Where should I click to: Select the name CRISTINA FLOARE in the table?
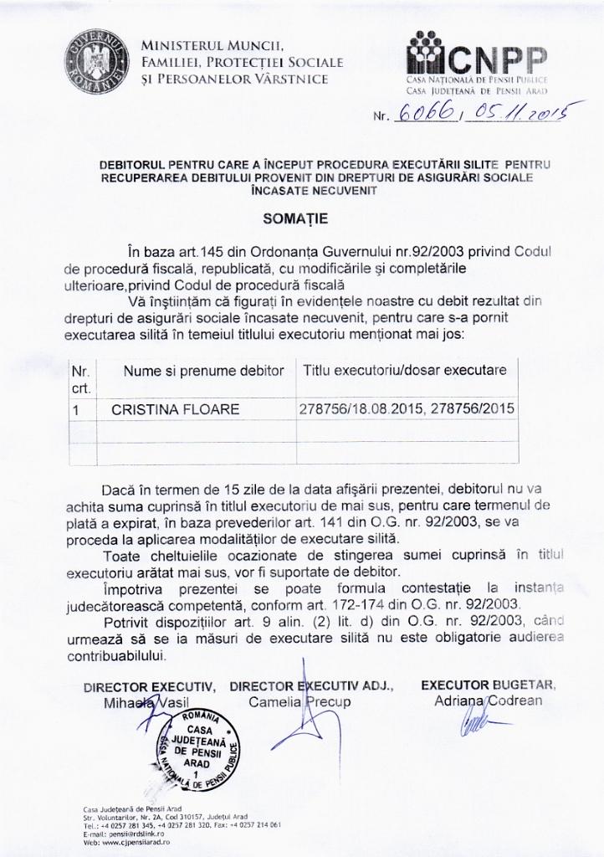click(x=175, y=409)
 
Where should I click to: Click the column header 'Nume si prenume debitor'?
click(x=203, y=370)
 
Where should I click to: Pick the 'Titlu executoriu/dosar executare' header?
click(x=404, y=370)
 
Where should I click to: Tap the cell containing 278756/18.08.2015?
click(x=407, y=409)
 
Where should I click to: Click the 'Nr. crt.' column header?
click(x=81, y=379)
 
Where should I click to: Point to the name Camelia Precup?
click(x=299, y=701)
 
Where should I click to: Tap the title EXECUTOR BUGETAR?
click(x=488, y=685)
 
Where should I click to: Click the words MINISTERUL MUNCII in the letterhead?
click(x=213, y=45)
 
